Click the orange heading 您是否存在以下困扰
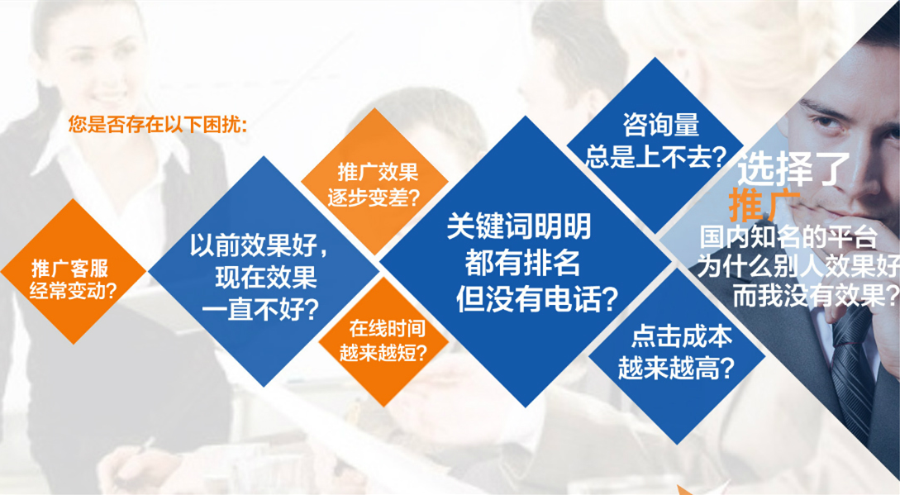[157, 126]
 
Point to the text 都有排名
[521, 263]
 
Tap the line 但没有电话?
[537, 298]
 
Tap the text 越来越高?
[676, 368]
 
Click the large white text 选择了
[793, 169]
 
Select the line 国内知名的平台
[787, 238]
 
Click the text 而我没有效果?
[814, 296]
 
